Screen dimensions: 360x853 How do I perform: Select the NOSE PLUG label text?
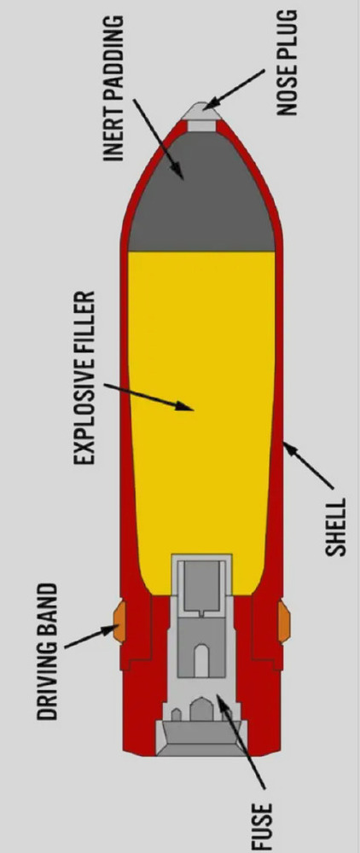click(287, 63)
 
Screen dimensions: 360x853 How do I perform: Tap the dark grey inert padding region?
click(200, 196)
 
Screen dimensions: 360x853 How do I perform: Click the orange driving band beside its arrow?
click(119, 621)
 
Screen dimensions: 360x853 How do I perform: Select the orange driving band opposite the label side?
click(284, 621)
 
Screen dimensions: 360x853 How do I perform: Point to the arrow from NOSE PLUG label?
click(235, 89)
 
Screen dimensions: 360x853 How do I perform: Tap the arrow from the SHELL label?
click(308, 465)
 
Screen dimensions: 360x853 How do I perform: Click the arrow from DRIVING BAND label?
click(91, 637)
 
